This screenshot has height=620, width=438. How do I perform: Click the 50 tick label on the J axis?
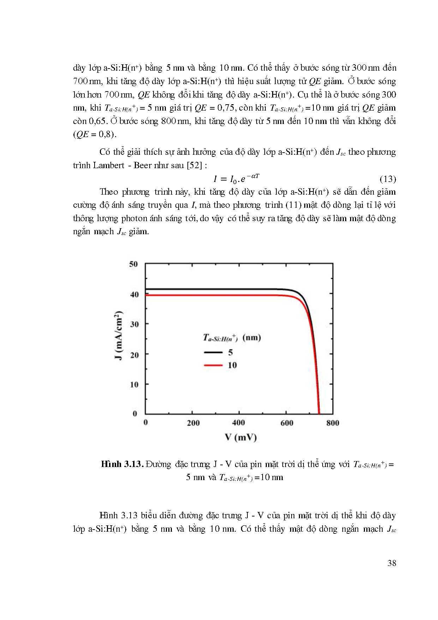(133, 264)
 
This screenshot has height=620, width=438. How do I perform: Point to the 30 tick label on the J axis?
(134, 324)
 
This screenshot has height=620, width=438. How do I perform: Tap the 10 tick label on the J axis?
(134, 384)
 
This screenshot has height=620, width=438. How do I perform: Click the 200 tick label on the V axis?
(193, 423)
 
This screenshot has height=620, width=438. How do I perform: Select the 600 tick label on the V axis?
(287, 423)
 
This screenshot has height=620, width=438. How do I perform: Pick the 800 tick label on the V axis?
(332, 423)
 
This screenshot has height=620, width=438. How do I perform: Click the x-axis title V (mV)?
(241, 437)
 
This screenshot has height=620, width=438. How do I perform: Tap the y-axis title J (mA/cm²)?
(119, 335)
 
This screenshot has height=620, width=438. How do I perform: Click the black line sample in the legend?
(213, 352)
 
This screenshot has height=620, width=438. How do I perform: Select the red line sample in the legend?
(213, 365)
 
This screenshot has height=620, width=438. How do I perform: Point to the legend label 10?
(232, 365)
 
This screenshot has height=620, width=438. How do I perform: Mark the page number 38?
(392, 563)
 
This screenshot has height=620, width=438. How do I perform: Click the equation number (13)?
(388, 179)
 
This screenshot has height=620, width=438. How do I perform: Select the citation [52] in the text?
(194, 165)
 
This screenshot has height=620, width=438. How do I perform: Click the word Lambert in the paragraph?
(109, 165)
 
